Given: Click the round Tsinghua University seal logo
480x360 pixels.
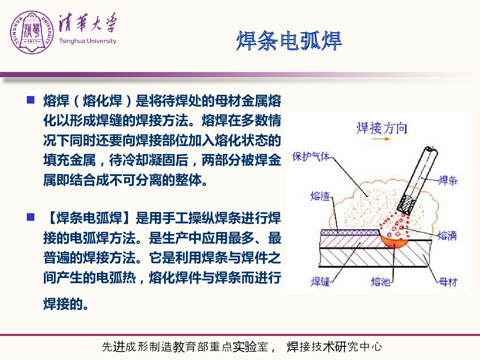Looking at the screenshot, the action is [32, 32].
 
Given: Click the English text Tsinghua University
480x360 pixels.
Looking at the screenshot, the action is [88, 41].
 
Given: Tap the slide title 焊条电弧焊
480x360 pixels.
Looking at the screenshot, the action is [289, 41].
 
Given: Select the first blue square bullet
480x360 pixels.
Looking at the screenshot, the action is [31, 100].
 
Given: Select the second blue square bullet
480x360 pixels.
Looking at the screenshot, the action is [31, 217].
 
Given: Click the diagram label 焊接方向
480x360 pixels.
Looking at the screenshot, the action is [382, 128].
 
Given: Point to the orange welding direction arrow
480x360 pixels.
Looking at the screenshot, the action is [381, 139].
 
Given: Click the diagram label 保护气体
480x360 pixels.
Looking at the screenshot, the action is [311, 156].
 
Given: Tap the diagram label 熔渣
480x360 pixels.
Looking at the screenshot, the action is [320, 196].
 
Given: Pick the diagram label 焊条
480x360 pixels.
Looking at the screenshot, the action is [448, 180].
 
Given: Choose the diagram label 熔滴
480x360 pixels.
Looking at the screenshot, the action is [447, 236].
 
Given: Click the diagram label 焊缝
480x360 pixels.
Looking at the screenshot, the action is [320, 282].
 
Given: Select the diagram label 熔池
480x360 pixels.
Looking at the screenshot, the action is [380, 282].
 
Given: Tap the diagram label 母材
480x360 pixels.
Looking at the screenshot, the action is [448, 282].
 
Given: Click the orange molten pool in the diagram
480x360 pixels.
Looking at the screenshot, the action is [394, 242].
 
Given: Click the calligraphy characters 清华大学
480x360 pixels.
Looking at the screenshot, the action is [88, 23].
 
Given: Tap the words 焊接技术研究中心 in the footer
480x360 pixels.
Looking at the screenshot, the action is [334, 347].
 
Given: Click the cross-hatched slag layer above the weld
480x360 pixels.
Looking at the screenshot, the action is [350, 232].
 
